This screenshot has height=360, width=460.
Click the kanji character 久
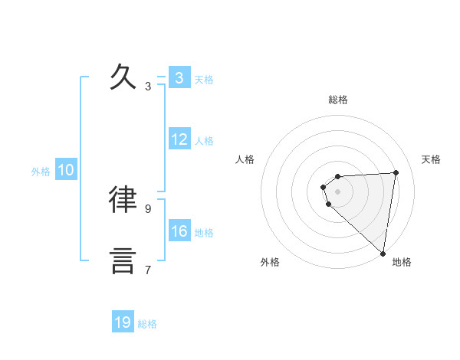123,77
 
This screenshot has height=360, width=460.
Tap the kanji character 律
123,199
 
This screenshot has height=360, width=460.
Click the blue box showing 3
179,78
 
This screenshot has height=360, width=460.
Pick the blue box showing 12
179,139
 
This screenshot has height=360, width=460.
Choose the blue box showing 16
179,231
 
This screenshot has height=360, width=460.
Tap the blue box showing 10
66,171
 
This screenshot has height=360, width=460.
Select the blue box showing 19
123,322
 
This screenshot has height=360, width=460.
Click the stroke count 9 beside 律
148,208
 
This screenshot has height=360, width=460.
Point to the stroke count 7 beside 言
148,270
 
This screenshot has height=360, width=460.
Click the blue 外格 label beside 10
41,172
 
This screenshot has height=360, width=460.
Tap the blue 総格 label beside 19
147,324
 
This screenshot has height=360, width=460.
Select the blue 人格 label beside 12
204,141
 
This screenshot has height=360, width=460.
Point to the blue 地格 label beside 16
204,233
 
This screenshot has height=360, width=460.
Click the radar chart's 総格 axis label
337,100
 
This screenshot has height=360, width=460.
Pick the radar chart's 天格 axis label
432,159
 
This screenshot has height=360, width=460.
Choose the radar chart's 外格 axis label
270,262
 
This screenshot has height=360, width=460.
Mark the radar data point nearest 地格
383,253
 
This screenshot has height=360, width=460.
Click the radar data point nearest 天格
396,172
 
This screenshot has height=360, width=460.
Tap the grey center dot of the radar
337,191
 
